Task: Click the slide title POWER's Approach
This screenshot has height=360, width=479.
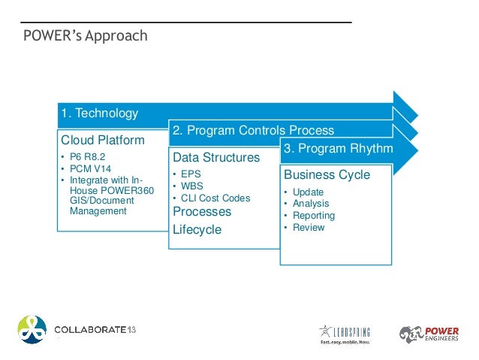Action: tap(84, 36)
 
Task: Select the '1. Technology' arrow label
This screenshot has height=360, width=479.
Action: tap(99, 113)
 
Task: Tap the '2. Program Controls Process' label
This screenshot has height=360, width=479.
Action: tap(253, 131)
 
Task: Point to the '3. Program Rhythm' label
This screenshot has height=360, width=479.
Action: tap(338, 149)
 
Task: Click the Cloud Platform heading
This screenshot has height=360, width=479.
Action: tap(103, 141)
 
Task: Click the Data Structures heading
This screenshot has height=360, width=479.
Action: tap(216, 158)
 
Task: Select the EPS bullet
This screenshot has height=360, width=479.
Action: tap(192, 174)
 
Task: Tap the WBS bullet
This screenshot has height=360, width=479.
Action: tap(193, 186)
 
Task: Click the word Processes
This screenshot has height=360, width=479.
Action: tap(202, 212)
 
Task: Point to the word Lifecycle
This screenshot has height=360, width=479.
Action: tap(197, 229)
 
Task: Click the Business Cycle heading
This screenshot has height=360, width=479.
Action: tap(327, 175)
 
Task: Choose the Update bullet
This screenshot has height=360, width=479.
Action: tap(308, 192)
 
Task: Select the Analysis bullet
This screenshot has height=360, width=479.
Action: tap(311, 204)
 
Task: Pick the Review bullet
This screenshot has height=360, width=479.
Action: tap(309, 227)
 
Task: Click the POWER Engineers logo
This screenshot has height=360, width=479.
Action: tap(429, 334)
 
